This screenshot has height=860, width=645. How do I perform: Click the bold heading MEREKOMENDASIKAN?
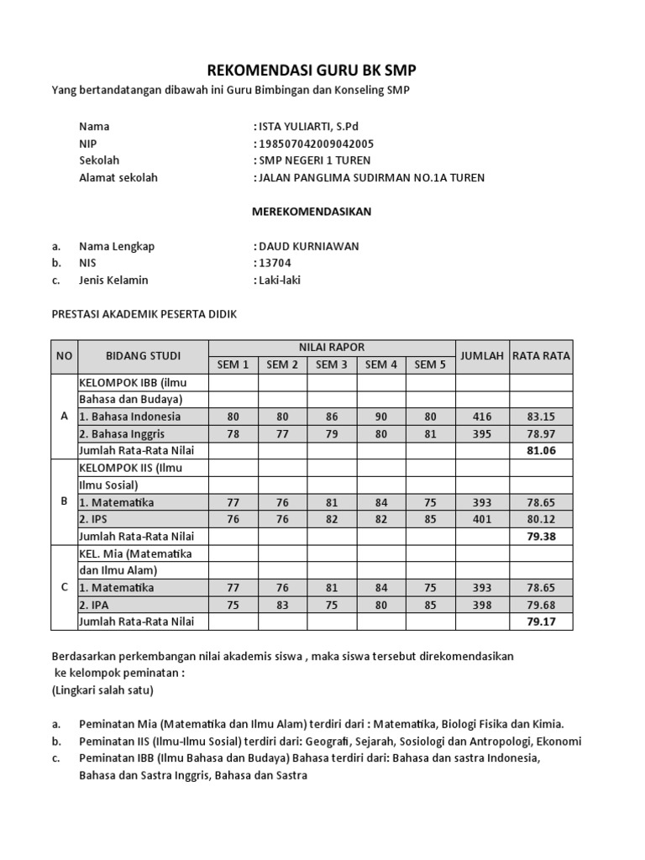click(312, 212)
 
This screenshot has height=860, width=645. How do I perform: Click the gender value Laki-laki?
click(277, 280)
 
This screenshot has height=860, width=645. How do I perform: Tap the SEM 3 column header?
click(332, 364)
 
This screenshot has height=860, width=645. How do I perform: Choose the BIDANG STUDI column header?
click(143, 356)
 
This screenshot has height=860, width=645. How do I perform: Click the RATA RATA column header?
click(541, 355)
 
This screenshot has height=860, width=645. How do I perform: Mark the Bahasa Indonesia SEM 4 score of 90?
click(381, 417)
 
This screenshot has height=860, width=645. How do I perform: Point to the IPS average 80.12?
click(541, 519)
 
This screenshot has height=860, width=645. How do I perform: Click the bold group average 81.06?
click(541, 451)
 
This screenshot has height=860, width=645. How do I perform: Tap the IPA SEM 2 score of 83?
click(283, 605)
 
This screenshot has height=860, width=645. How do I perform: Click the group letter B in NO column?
click(64, 501)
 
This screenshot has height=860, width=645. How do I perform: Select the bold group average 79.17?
click(541, 621)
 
